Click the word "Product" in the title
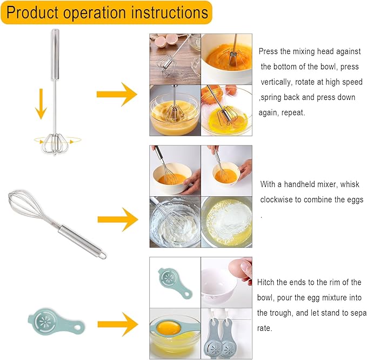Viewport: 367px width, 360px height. click(33, 12)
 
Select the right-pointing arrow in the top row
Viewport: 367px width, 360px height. click(116, 94)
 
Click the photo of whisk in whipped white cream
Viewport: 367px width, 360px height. click(174, 222)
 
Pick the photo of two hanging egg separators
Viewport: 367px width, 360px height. click(226, 334)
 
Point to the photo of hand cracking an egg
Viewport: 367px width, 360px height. click(226, 282)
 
